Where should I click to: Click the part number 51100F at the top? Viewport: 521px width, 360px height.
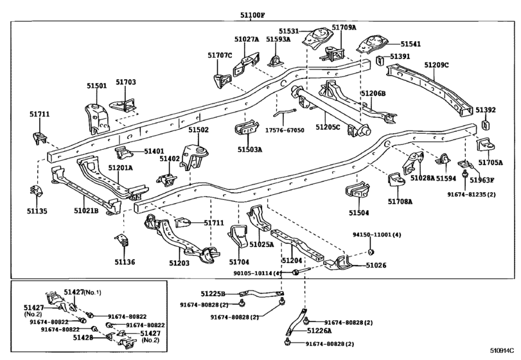point(252,15)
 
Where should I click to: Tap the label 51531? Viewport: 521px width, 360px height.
point(288,32)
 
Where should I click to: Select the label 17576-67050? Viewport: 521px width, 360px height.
point(285,130)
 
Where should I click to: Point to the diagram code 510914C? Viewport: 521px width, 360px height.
point(502,350)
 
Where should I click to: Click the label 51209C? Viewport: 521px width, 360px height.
point(436,65)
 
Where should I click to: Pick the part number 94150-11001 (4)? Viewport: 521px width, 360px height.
point(377,235)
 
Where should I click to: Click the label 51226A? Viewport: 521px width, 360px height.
point(319,330)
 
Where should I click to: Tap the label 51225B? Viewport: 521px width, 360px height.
point(213,294)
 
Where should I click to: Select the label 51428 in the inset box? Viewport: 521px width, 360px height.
point(83,337)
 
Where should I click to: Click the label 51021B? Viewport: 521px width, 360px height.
point(86,210)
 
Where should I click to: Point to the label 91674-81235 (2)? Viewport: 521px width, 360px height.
point(471,194)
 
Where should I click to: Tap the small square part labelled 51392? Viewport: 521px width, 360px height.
point(486,125)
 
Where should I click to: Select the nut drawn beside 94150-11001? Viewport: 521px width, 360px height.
point(371,251)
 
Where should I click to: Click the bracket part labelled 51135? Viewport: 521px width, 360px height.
point(36,191)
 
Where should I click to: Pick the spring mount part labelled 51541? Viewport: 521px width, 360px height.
point(372,44)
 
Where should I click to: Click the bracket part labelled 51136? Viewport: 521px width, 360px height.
point(122,240)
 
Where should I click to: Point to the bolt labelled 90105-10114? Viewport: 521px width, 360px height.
point(300,272)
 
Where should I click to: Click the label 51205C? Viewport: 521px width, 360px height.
point(328,127)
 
